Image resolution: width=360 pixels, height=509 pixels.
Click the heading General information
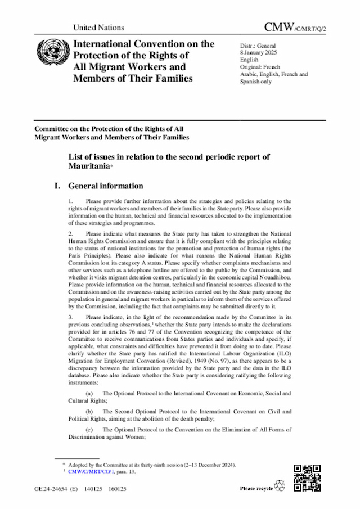(x=106, y=186)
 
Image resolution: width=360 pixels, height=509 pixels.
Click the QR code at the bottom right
(x=307, y=478)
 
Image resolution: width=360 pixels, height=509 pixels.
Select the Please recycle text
(x=256, y=488)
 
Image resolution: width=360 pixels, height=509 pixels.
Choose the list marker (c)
(x=89, y=429)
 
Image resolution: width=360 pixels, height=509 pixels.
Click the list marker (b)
(x=89, y=411)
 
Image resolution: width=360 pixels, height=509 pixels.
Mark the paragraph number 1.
(x=70, y=201)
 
